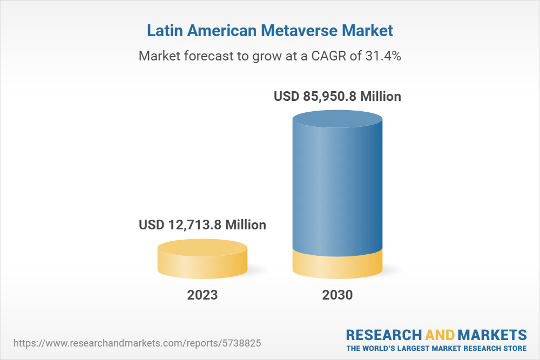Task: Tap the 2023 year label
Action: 202,295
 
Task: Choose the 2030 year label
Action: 337,295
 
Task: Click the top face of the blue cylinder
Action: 337,120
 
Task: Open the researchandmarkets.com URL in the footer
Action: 140,343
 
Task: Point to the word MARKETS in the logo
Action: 492,334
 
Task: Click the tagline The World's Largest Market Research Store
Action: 436,348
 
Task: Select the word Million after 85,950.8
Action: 381,97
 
